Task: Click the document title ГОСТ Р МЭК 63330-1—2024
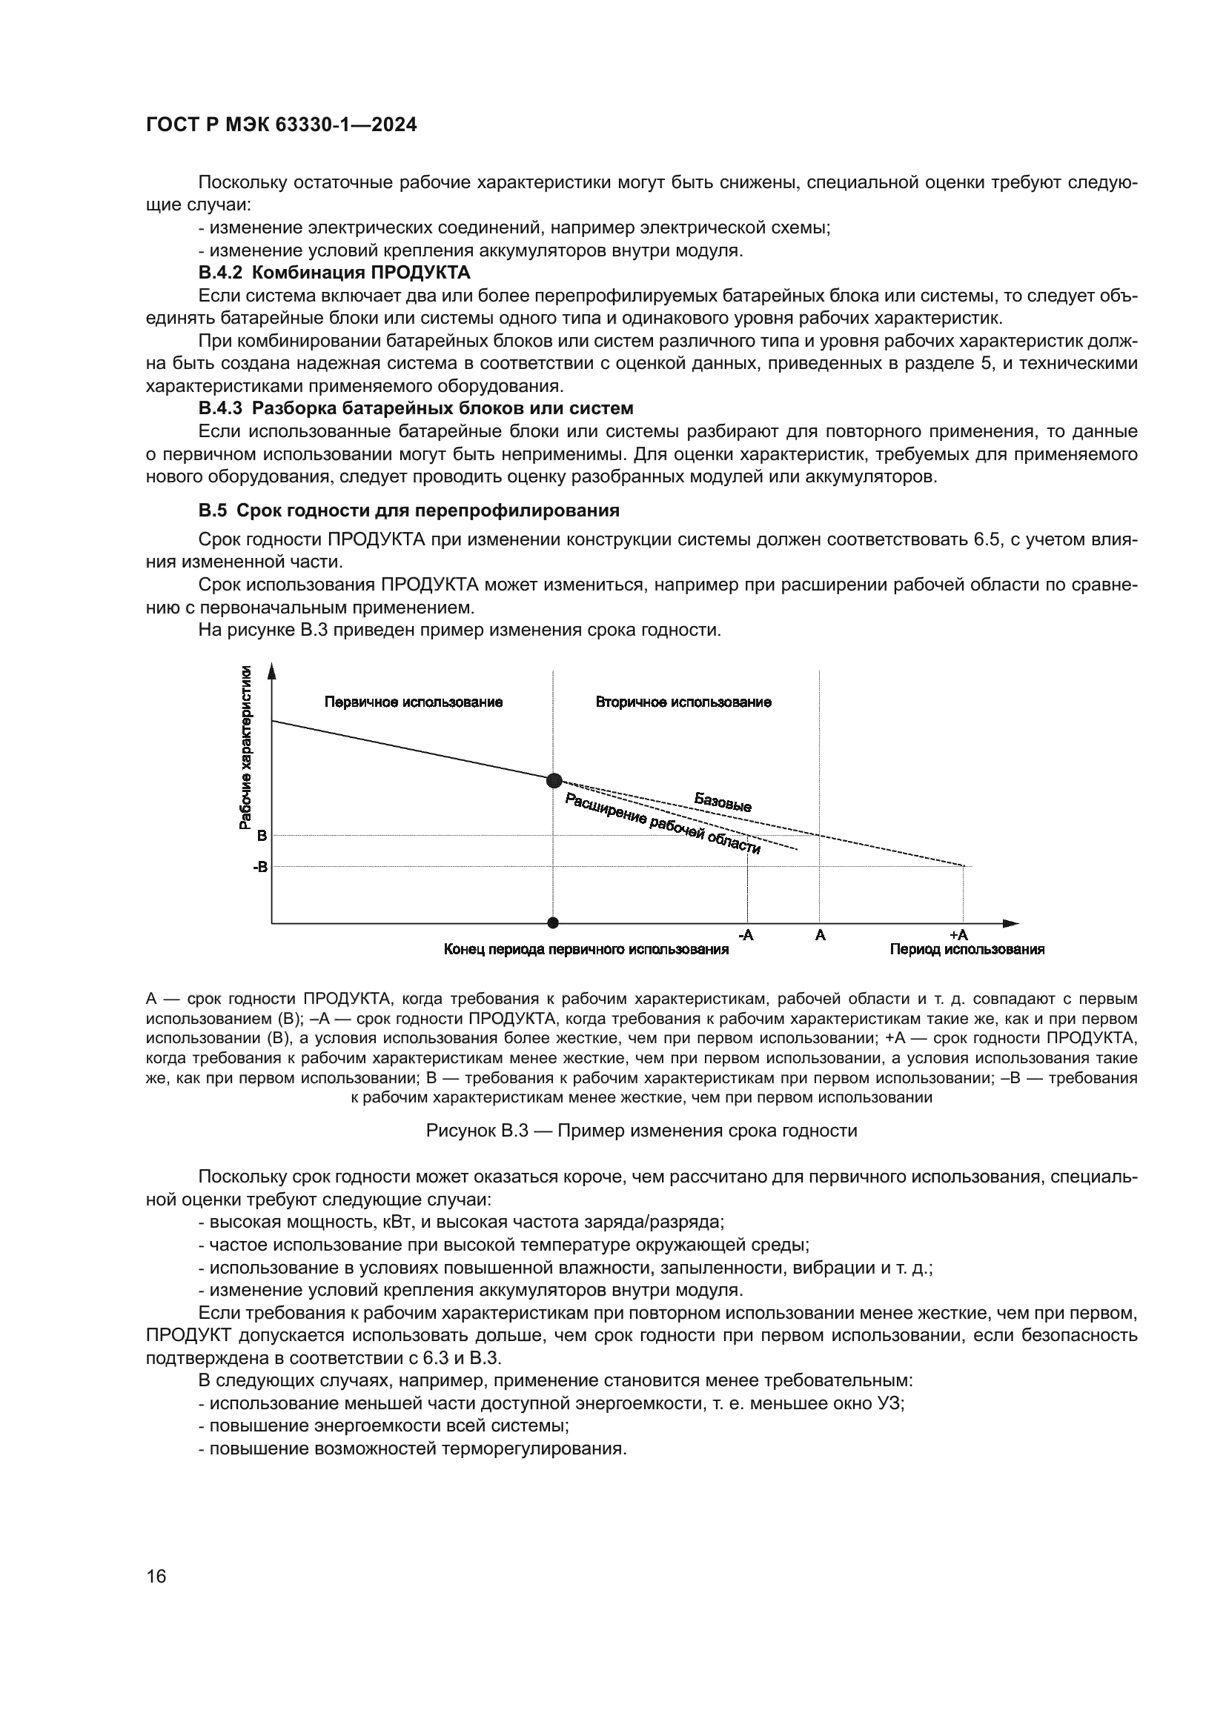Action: pos(281,125)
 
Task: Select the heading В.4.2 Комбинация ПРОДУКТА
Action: pos(334,273)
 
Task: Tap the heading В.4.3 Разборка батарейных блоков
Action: pos(416,408)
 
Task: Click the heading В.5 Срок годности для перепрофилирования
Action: pos(408,510)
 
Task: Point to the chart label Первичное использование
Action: pos(414,702)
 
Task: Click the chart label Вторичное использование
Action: pos(683,702)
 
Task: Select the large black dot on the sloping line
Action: pos(554,780)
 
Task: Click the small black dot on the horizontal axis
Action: pos(554,922)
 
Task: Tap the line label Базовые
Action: pos(723,802)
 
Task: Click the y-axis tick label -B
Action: pos(259,868)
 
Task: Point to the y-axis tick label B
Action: pos(262,836)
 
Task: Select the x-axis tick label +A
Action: pos(958,935)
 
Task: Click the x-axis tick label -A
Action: pos(745,935)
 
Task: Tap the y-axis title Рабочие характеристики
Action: pos(245,748)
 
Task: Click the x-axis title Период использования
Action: pos(967,950)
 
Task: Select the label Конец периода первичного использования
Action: pos(586,950)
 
